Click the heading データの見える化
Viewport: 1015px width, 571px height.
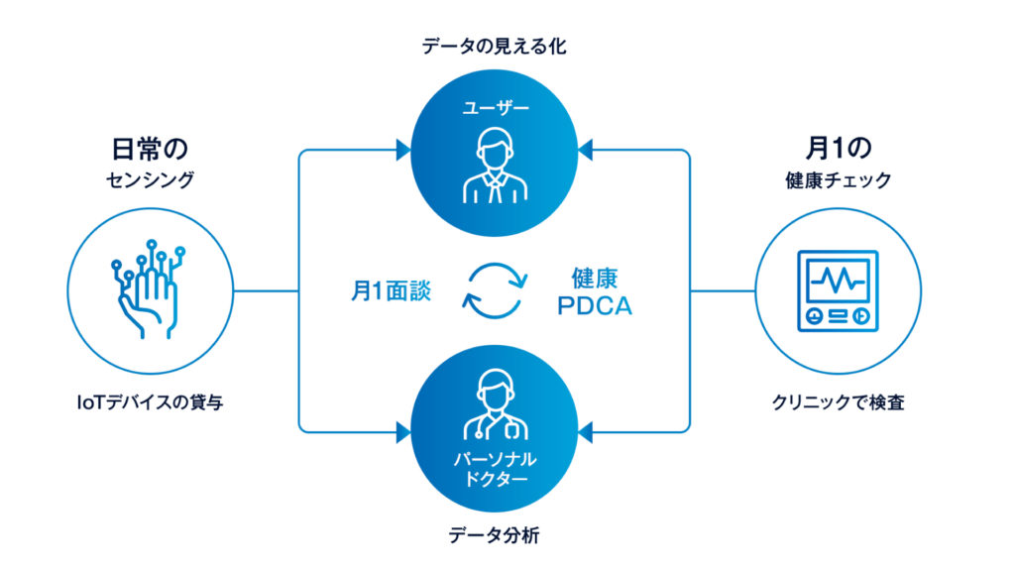coord(493,47)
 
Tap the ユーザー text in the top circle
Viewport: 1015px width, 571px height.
coord(493,107)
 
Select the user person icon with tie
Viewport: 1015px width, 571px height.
coord(493,167)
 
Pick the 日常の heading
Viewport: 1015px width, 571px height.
coord(149,149)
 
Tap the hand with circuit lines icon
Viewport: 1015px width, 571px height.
coord(149,288)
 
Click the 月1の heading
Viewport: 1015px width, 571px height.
coord(838,149)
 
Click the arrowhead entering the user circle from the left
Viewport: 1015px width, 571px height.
coord(403,151)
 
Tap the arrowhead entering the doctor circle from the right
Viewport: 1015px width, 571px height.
coord(585,431)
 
